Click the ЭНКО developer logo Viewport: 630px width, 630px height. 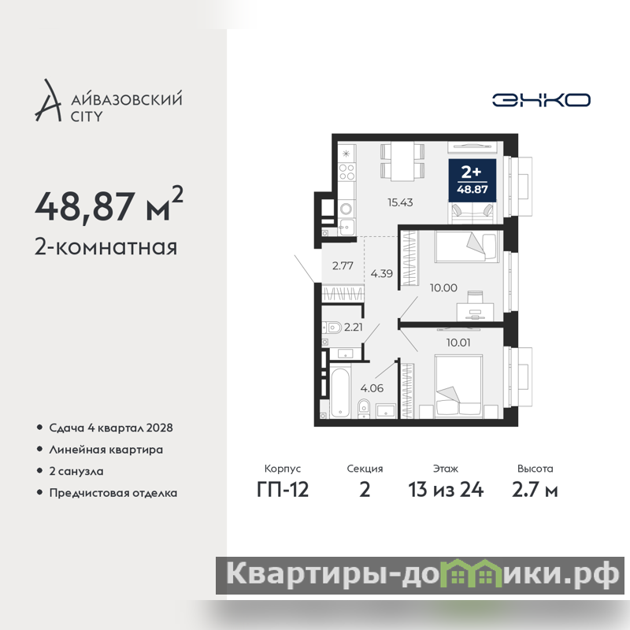[541, 100]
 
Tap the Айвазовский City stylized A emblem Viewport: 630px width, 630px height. [48, 101]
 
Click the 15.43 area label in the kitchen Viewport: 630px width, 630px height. [400, 202]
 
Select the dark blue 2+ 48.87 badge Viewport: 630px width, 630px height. [472, 180]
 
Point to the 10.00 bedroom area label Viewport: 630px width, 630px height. [443, 287]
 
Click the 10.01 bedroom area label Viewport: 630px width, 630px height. [458, 343]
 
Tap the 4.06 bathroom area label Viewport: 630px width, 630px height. [372, 388]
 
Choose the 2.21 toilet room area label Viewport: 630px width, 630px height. [354, 327]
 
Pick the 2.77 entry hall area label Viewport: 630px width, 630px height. [343, 265]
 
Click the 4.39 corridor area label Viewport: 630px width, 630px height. [382, 273]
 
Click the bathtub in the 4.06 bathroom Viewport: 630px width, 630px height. [341, 392]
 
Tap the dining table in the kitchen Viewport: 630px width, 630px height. [402, 162]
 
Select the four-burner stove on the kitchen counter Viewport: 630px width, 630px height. [346, 172]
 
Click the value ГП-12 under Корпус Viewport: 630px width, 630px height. [283, 490]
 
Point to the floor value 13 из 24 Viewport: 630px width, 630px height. [446, 490]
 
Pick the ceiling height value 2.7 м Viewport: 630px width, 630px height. [535, 490]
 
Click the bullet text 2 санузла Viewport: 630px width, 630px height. [76, 471]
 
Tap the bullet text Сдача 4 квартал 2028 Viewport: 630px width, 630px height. [111, 428]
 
